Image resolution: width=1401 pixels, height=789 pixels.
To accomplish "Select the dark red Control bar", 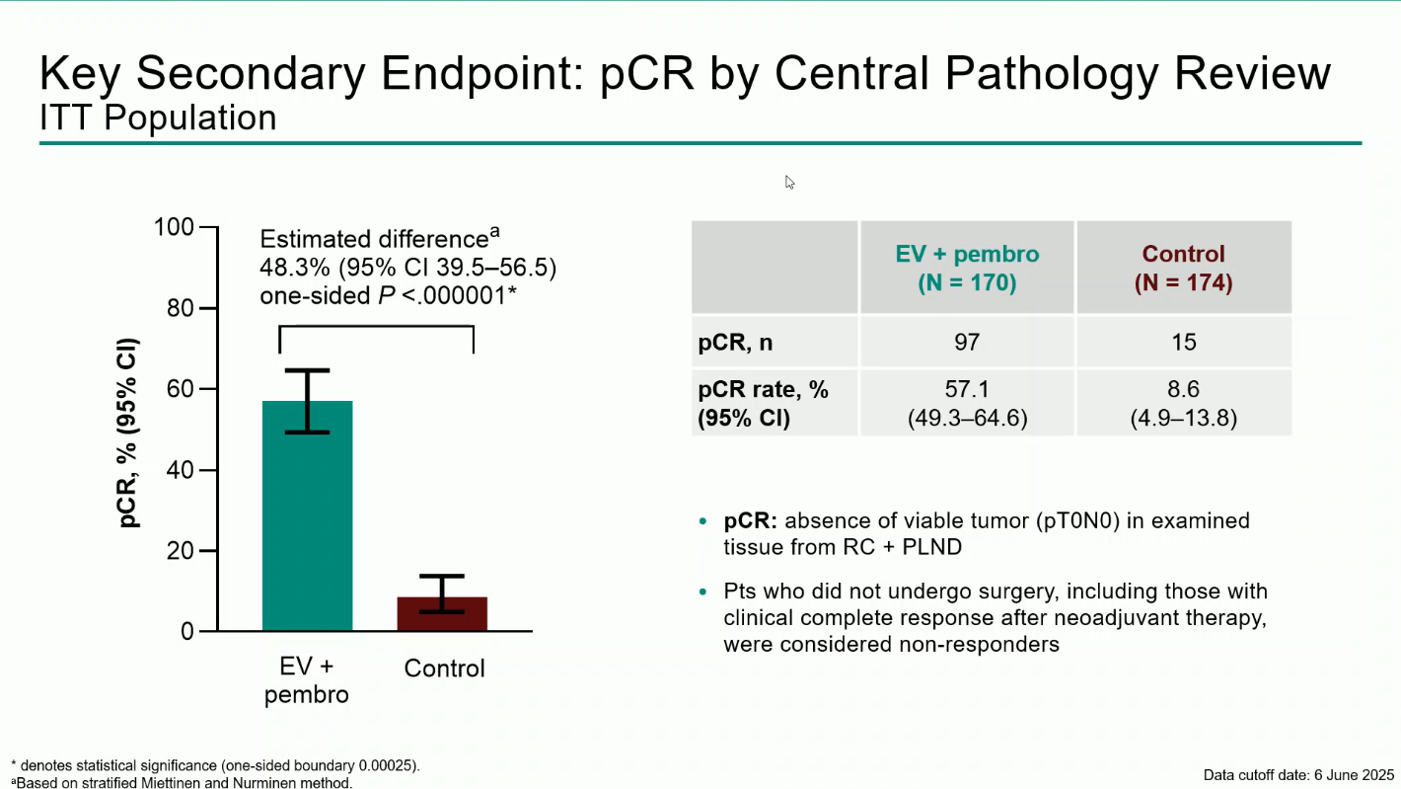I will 442,613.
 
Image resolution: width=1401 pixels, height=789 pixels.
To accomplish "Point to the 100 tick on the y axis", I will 175,227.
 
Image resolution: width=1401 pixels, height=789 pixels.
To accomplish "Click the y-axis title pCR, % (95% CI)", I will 129,434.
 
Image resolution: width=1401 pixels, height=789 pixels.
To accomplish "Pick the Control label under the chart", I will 444,669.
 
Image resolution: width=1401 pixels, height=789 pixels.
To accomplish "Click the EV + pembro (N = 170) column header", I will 967,268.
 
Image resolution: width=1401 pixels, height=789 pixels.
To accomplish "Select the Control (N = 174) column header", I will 1183,268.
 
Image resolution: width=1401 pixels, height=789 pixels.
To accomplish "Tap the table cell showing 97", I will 967,342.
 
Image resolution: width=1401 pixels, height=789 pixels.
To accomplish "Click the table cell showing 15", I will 1183,342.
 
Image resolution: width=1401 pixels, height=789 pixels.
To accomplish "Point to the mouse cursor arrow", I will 789,182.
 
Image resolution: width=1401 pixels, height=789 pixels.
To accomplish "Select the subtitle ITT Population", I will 158,118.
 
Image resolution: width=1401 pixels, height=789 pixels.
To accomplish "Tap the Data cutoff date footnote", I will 1297,774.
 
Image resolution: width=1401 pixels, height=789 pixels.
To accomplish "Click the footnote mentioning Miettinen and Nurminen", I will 183,783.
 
